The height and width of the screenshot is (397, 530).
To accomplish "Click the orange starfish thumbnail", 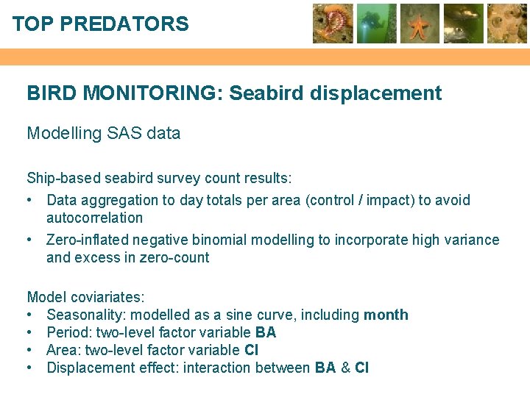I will coord(420,24).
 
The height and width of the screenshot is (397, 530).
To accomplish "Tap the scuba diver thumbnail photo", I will coord(377,24).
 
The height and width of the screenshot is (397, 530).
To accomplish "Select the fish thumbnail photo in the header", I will coord(464,24).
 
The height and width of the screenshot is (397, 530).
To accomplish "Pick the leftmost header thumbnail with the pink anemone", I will coord(333,24).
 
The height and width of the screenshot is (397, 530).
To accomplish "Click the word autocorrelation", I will coord(94,218).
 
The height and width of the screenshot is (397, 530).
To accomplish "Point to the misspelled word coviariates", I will coord(107,297).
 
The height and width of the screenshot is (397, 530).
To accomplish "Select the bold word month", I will coord(386,315).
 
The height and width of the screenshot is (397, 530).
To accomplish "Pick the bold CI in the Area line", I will coord(251,350).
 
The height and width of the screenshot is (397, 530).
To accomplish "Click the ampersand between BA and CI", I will coord(345,368).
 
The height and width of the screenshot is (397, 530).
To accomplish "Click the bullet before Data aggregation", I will coord(31,200).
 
